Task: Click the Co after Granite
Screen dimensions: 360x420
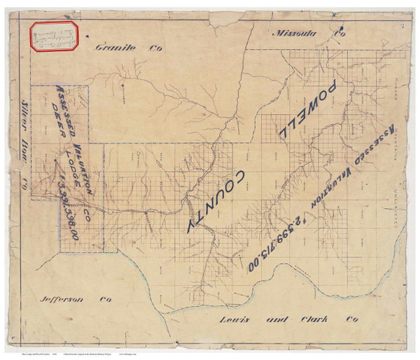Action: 148,48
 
